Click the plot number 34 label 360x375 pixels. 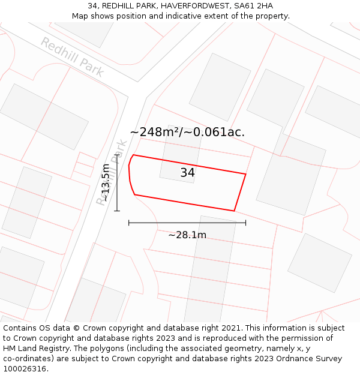187,173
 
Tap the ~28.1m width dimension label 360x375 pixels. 187,235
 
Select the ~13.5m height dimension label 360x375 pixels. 106,182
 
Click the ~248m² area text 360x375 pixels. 155,133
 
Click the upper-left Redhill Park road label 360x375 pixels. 72,56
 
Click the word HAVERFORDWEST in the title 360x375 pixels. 197,6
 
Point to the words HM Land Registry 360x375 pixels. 37,349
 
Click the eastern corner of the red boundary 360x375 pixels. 246,174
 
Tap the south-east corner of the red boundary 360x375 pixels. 234,211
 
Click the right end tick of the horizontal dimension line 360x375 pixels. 245,223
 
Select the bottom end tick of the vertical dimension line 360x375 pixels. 117,211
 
